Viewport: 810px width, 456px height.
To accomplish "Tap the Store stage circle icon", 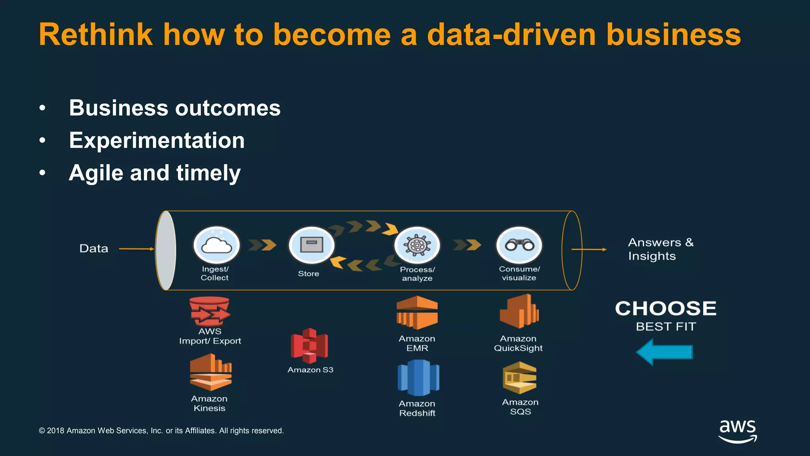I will (312, 245).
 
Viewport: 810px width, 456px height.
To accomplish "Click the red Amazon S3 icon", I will (309, 346).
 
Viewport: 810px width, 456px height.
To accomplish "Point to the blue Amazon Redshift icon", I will (418, 378).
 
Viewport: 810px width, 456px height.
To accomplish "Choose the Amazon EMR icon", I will (417, 312).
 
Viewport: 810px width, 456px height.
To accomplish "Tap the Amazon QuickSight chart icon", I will (519, 311).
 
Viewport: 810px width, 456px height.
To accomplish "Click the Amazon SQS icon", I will (520, 378).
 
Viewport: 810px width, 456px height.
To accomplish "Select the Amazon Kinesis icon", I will (210, 372).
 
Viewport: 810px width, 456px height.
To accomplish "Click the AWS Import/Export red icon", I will (210, 311).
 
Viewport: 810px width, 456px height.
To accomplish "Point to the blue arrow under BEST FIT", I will (664, 352).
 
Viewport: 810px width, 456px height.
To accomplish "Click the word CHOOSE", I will (666, 308).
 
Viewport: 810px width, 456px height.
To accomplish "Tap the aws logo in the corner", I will (738, 431).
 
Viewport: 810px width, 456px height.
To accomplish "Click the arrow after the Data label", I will (136, 249).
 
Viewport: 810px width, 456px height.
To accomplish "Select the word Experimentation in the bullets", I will (157, 141).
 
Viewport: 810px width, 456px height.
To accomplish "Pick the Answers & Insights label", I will (660, 249).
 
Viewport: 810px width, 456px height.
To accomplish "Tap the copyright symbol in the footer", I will (42, 431).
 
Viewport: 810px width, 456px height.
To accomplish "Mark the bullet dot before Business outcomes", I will (42, 108).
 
